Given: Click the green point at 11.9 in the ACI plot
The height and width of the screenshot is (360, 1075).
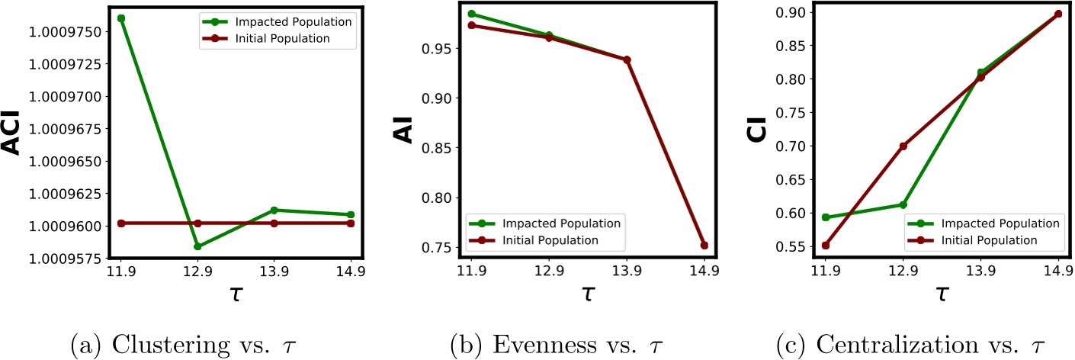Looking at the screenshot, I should [121, 18].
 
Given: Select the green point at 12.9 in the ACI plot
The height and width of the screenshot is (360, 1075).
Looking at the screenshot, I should [197, 246].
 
